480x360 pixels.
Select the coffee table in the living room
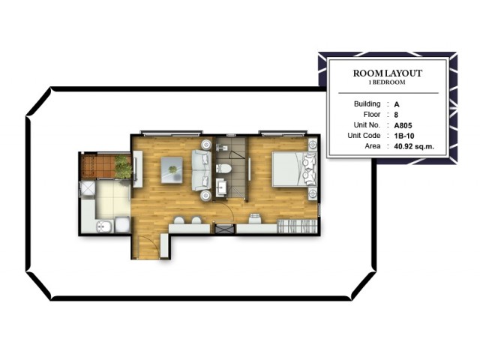[x=172, y=170]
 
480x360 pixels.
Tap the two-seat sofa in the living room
[x=202, y=170]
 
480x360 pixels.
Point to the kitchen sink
[x=105, y=226]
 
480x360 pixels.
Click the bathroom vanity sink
[x=223, y=187]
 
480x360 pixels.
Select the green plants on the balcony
[x=123, y=166]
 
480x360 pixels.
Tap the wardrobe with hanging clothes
[x=296, y=226]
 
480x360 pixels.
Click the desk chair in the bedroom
[x=254, y=218]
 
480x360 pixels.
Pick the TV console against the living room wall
[x=138, y=169]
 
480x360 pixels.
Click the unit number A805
[x=403, y=125]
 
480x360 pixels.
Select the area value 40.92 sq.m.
[x=414, y=146]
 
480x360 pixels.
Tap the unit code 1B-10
[x=404, y=136]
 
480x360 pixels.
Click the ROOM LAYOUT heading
[x=388, y=73]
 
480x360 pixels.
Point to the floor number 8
[x=396, y=115]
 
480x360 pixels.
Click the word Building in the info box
[x=367, y=104]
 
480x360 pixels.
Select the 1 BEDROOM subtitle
[x=387, y=82]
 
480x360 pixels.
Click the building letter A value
[x=397, y=105]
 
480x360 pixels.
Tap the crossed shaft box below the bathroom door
[x=225, y=229]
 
